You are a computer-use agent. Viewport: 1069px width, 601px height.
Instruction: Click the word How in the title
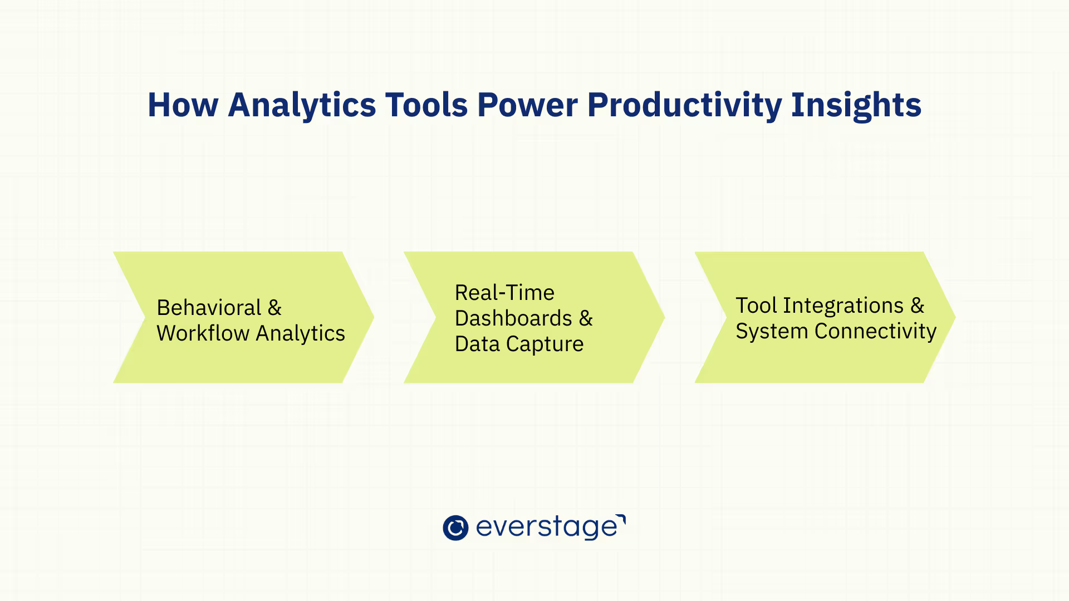point(183,105)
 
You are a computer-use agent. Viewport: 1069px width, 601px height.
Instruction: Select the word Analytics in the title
point(302,106)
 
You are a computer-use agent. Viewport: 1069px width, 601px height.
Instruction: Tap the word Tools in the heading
point(427,105)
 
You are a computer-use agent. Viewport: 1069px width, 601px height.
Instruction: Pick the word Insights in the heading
point(856,106)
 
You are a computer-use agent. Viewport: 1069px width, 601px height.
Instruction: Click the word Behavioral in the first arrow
point(209,307)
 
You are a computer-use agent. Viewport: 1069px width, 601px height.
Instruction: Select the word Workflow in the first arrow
point(203,333)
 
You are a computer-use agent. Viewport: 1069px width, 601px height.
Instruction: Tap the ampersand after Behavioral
point(274,307)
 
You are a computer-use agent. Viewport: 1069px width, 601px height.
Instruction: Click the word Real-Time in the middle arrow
point(504,292)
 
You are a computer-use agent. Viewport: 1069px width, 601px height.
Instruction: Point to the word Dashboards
point(513,318)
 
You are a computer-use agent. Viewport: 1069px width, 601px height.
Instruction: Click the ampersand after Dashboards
point(586,318)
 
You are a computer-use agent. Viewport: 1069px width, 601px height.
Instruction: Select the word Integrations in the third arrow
point(844,306)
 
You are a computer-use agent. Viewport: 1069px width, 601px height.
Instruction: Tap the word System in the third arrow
point(772,331)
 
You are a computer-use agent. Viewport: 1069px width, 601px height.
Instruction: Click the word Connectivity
point(875,331)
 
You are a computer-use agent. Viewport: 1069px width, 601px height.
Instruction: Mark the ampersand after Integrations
point(917,305)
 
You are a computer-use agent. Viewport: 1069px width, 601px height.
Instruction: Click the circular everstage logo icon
point(455,528)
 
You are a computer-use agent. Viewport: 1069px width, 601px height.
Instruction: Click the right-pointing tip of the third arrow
point(955,317)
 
